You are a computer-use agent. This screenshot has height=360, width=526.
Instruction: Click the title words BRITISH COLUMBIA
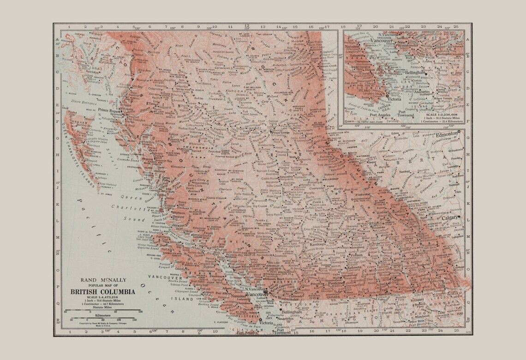coord(103,292)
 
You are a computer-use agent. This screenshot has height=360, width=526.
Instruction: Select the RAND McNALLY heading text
coord(102,280)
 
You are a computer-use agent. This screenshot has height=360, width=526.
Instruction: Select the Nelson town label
coord(398,280)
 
